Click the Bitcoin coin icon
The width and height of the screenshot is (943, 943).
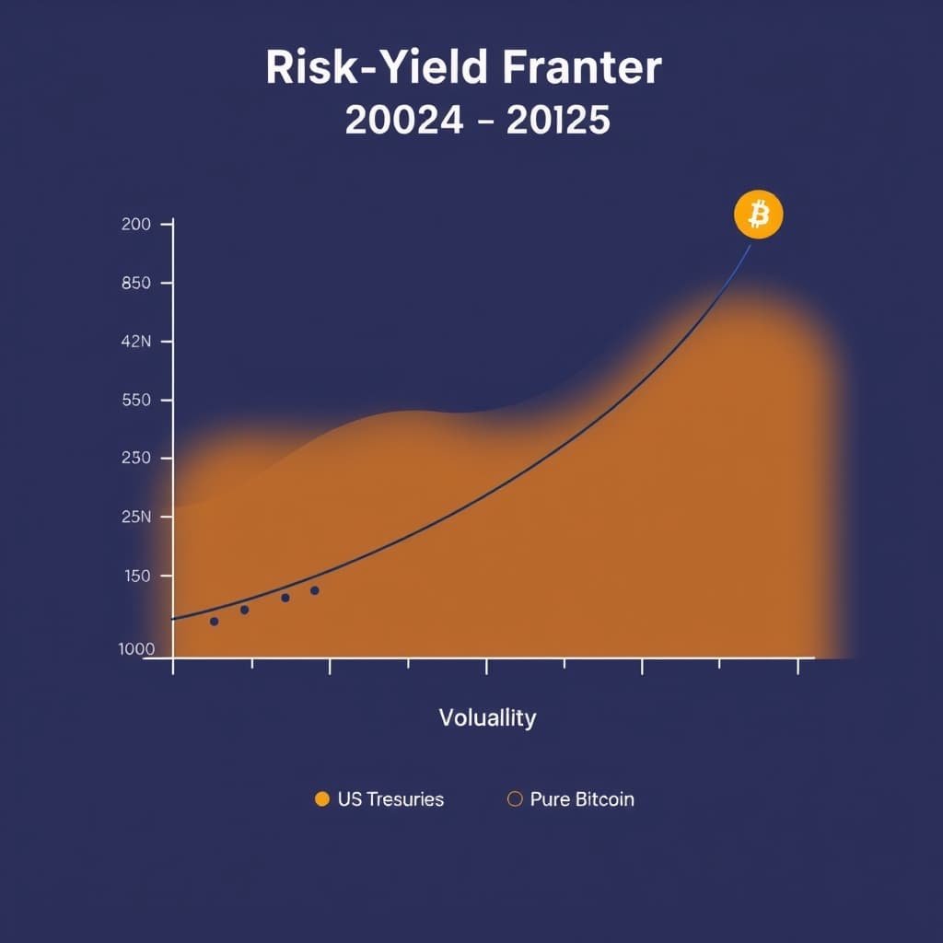758,215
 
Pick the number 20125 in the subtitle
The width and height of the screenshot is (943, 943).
558,121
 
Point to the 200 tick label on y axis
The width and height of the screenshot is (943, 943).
135,224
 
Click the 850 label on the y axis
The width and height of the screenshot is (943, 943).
135,283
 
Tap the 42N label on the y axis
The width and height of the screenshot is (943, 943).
135,342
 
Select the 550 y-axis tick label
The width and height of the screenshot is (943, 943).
135,401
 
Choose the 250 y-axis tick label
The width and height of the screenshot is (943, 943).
135,458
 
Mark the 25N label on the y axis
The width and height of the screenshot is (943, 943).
135,517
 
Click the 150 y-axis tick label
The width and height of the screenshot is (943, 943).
135,576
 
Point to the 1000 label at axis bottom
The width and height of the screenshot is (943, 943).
136,648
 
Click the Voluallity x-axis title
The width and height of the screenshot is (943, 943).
487,717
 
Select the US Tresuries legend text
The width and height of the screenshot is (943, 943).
390,799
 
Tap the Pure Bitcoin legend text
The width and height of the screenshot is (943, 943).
582,799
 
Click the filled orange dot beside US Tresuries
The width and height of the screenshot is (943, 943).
321,799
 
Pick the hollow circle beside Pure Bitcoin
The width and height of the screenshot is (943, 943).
515,799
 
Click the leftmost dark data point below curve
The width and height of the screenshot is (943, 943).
215,622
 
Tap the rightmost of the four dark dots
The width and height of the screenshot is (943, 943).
315,590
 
